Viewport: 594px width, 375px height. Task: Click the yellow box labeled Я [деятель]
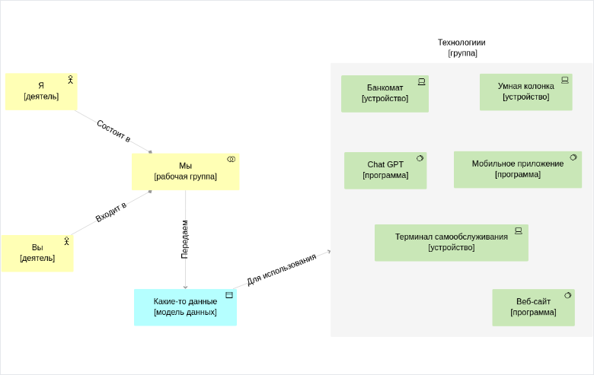click(41, 91)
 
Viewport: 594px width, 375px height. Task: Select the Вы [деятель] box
click(37, 253)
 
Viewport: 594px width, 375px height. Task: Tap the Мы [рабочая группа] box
click(186, 171)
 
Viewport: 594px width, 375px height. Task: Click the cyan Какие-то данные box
click(185, 307)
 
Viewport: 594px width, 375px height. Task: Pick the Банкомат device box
click(385, 94)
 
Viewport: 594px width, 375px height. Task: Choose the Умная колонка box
click(525, 92)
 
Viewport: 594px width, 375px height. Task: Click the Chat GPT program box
click(385, 170)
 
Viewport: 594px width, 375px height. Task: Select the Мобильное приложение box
click(518, 170)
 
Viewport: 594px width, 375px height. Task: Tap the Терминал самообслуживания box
click(452, 243)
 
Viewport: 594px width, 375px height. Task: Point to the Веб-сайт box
click(533, 307)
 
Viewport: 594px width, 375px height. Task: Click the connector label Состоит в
click(113, 132)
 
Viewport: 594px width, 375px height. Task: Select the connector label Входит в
click(110, 212)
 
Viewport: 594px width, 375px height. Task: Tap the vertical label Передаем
click(184, 240)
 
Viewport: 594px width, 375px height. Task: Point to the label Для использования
click(282, 269)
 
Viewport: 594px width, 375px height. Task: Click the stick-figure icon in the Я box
click(70, 79)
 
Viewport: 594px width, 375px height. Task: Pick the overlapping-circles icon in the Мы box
click(231, 159)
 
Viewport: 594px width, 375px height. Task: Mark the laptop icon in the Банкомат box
click(421, 81)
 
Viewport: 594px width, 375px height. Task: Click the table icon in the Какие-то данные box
click(229, 295)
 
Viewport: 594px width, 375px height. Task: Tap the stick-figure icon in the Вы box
click(67, 241)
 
